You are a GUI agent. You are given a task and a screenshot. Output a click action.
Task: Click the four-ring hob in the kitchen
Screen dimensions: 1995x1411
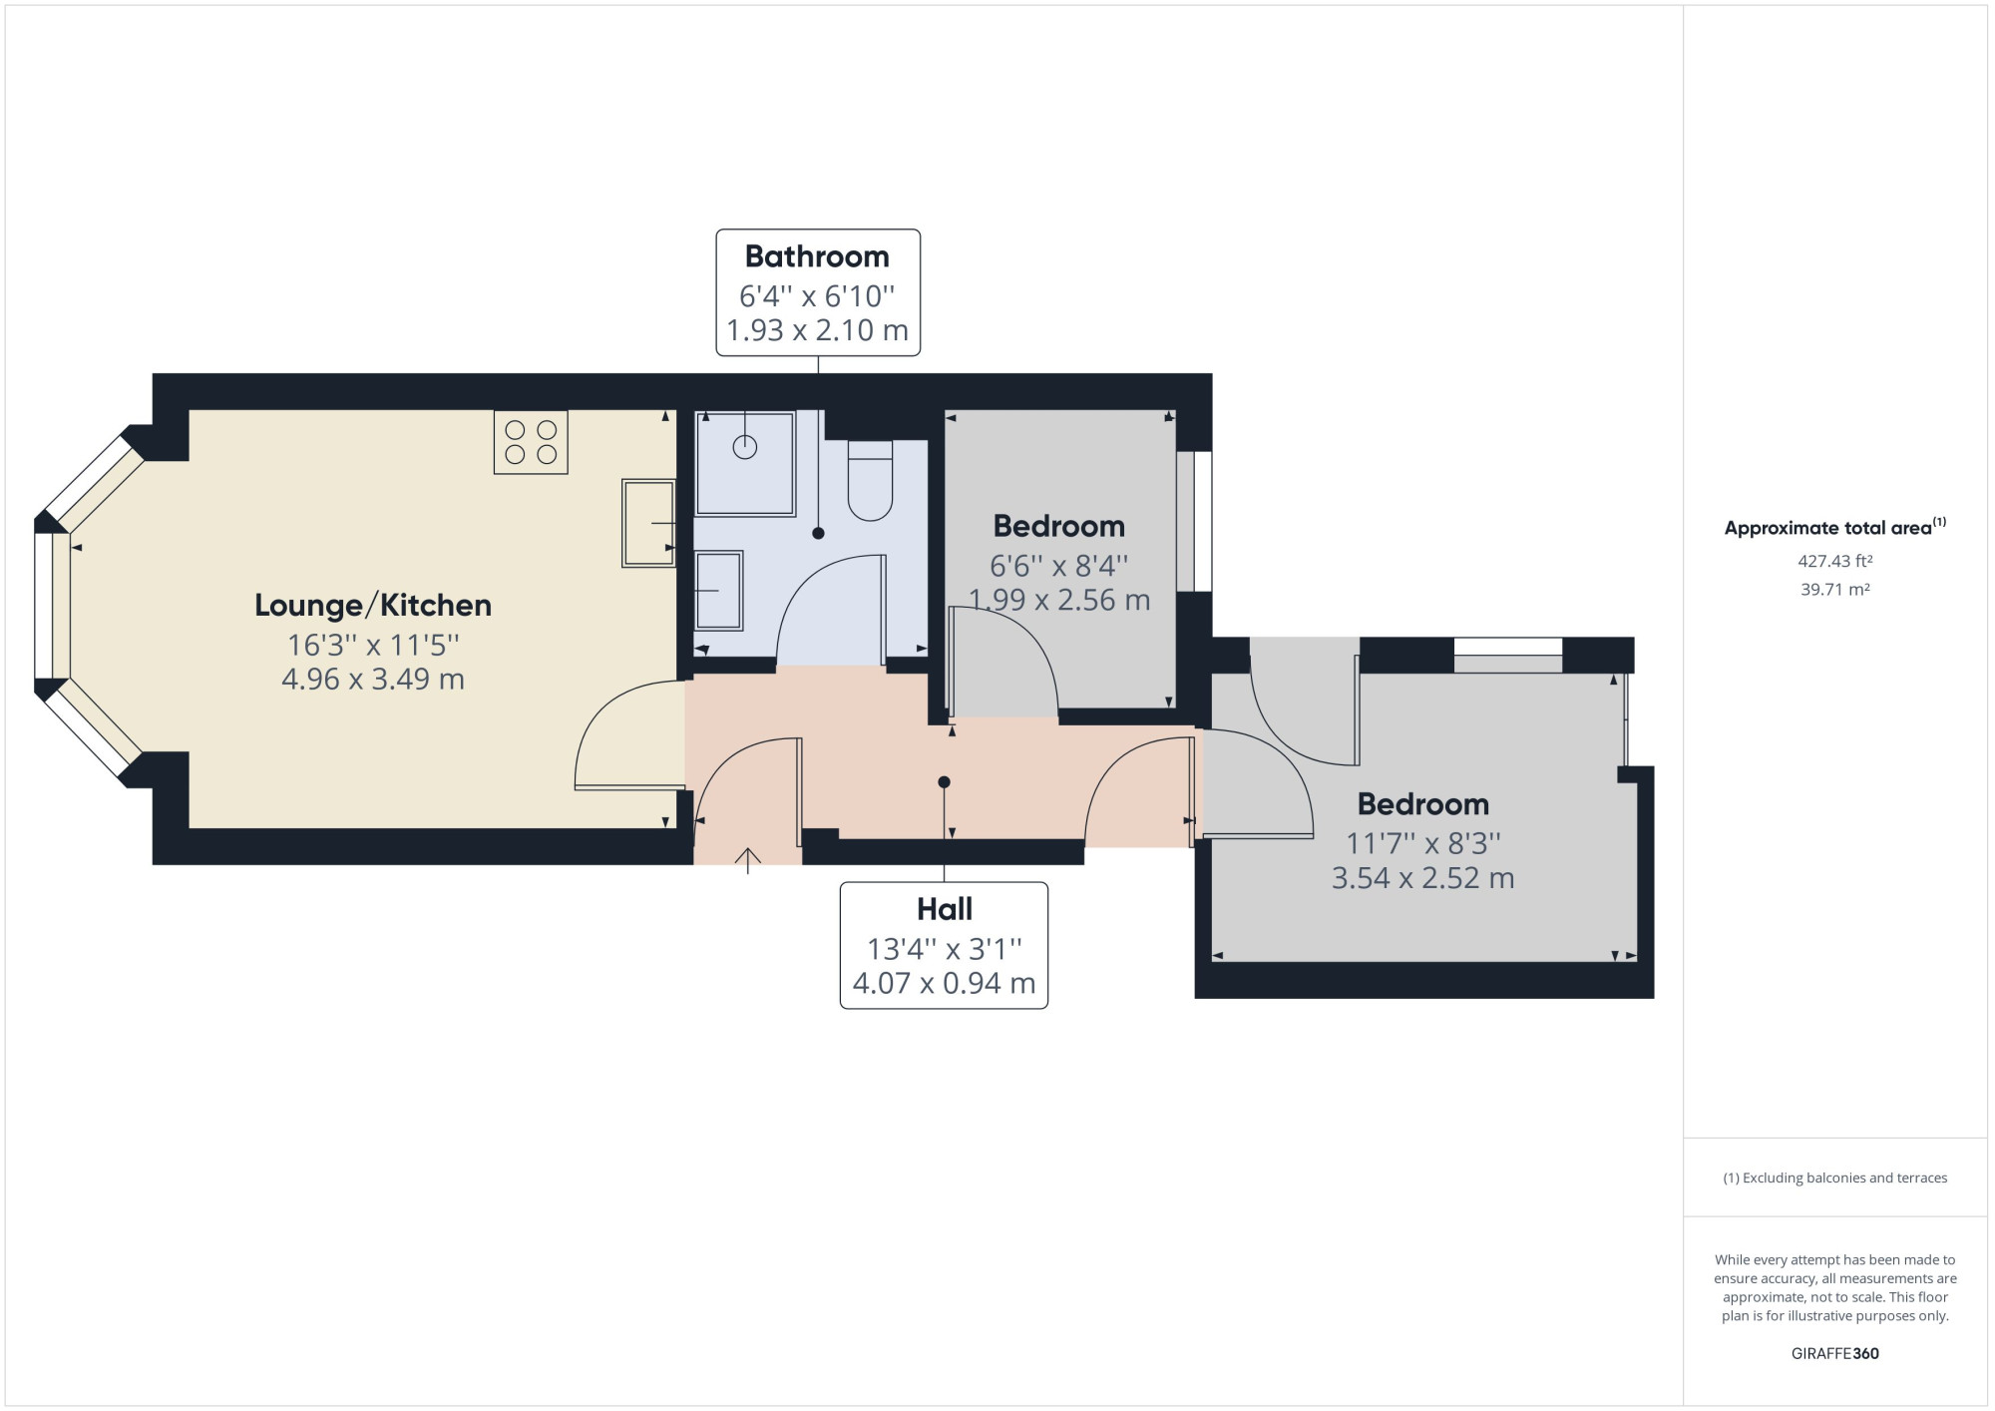pos(531,442)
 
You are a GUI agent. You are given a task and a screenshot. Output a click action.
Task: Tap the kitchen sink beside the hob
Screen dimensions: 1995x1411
pos(648,523)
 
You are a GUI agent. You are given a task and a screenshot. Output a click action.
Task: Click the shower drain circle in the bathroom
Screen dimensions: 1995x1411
pos(745,447)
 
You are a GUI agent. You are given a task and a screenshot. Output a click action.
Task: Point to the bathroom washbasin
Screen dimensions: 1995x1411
pos(718,591)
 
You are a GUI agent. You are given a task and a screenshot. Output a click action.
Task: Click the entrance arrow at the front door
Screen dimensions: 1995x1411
pos(748,860)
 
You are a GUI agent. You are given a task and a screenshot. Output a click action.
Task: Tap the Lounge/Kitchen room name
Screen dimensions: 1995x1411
pos(373,606)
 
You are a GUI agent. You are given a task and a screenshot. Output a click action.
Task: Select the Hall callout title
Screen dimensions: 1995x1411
pos(945,909)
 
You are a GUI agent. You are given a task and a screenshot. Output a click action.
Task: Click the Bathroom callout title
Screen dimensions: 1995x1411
pos(817,256)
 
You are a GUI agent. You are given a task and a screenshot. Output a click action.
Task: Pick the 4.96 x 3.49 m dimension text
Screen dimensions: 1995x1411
pos(373,680)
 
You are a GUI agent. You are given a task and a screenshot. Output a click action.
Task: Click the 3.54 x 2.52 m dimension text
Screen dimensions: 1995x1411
pos(1423,878)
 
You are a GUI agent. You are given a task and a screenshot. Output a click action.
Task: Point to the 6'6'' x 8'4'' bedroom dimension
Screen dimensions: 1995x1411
pos(1059,566)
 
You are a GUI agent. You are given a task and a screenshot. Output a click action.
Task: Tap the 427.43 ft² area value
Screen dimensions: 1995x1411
pos(1835,561)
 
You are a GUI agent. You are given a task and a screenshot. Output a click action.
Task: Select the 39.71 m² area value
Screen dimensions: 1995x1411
pos(1835,590)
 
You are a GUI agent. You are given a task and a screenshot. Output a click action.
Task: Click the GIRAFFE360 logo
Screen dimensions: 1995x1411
pos(1835,1354)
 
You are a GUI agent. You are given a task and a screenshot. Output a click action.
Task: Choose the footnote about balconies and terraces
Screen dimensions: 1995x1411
pos(1835,1178)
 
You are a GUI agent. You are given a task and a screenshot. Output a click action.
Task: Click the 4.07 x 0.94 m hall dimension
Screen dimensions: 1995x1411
pos(945,984)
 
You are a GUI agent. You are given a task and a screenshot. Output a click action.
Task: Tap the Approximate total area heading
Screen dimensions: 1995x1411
pos(1835,528)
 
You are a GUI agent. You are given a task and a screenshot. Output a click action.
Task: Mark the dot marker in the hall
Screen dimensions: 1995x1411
pos(944,782)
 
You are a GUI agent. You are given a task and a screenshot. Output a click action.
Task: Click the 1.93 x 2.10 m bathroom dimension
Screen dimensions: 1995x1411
pos(818,330)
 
